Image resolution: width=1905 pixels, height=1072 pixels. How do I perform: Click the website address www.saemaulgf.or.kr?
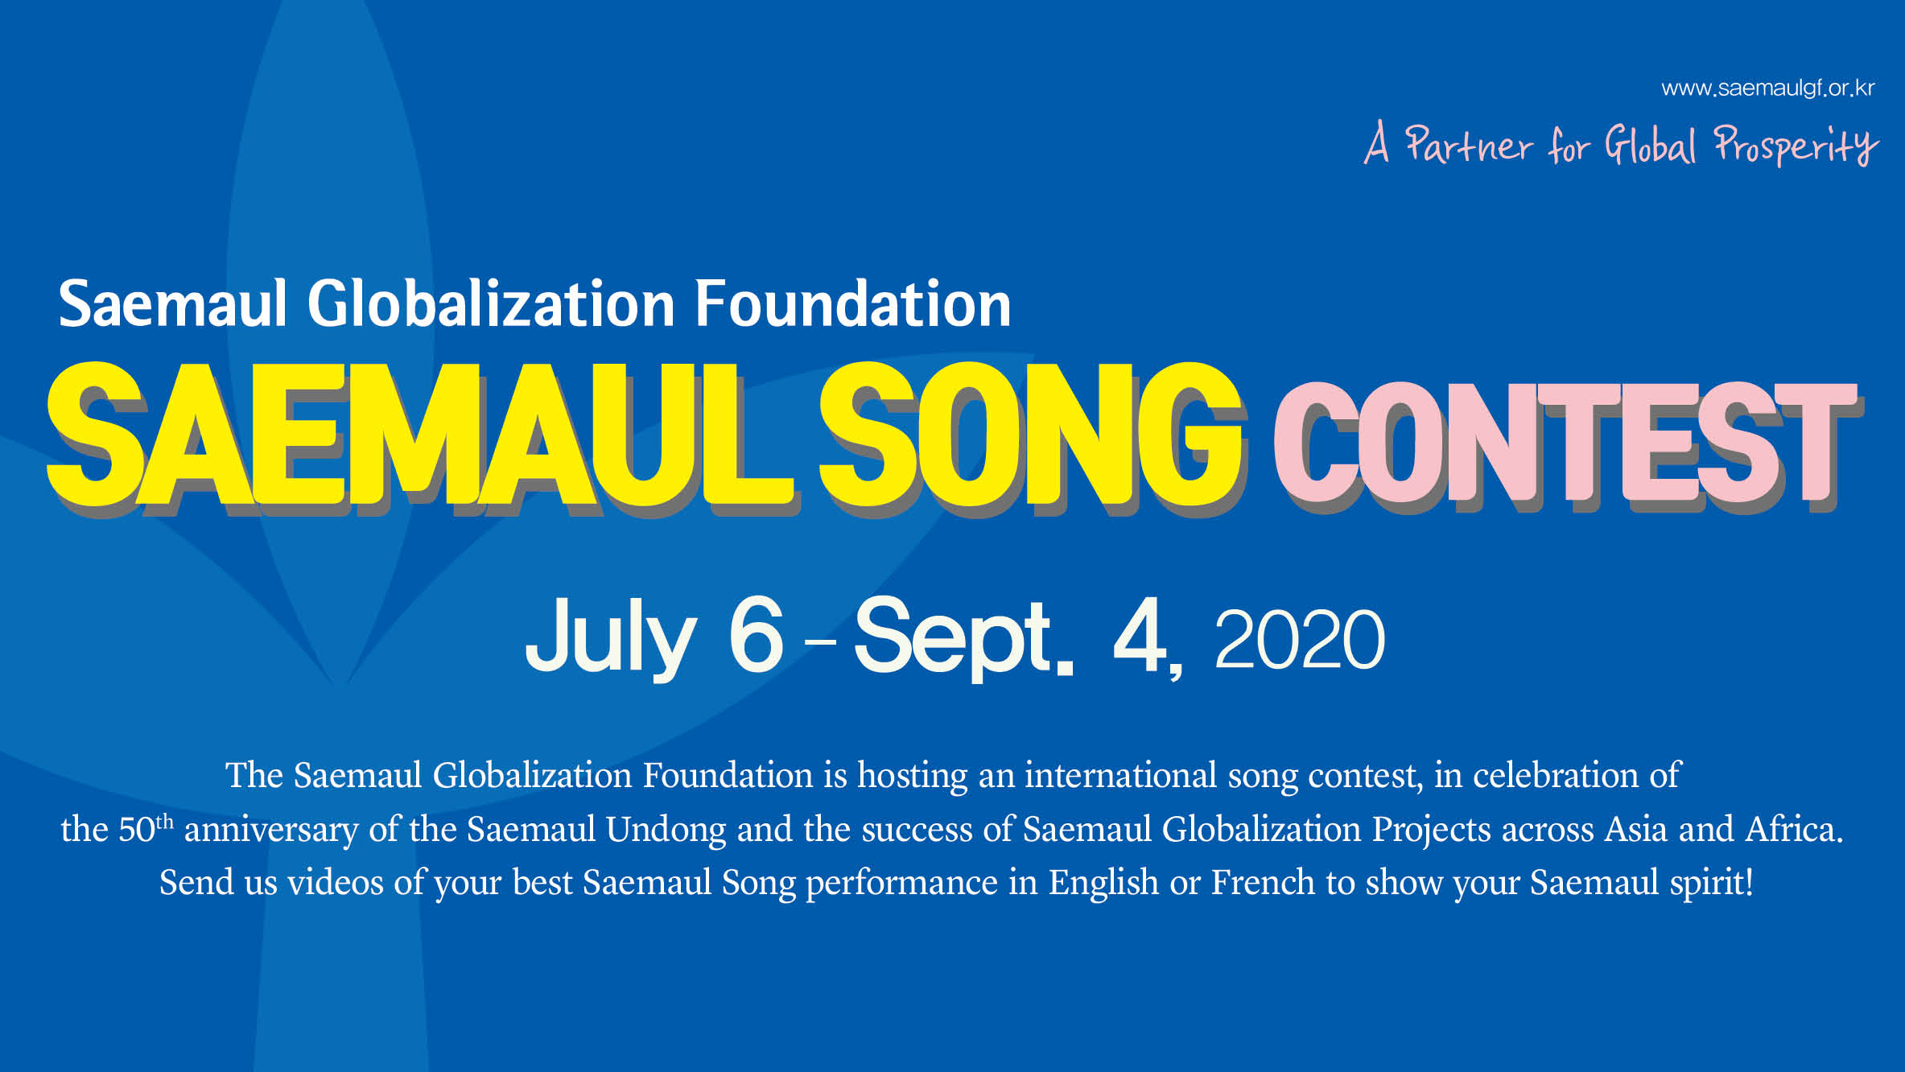click(1767, 89)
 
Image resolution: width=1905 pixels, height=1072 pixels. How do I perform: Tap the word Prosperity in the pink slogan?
click(1796, 145)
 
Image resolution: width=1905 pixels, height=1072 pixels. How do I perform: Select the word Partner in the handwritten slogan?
click(1469, 145)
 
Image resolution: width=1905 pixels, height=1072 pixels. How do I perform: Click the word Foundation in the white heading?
click(852, 304)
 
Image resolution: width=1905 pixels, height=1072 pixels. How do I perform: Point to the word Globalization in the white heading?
click(491, 304)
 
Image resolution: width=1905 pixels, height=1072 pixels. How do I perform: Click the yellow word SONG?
click(1032, 435)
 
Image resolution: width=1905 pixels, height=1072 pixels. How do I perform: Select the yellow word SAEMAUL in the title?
click(423, 435)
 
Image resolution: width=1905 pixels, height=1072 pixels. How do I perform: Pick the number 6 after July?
click(756, 635)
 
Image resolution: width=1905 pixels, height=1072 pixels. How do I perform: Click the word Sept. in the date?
click(963, 638)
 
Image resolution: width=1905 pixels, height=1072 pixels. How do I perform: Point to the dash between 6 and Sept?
click(820, 641)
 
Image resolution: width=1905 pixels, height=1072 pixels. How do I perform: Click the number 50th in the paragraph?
click(146, 828)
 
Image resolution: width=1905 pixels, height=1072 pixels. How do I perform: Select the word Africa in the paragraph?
click(1794, 829)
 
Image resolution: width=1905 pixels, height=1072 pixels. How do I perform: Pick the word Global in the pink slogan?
click(1650, 145)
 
